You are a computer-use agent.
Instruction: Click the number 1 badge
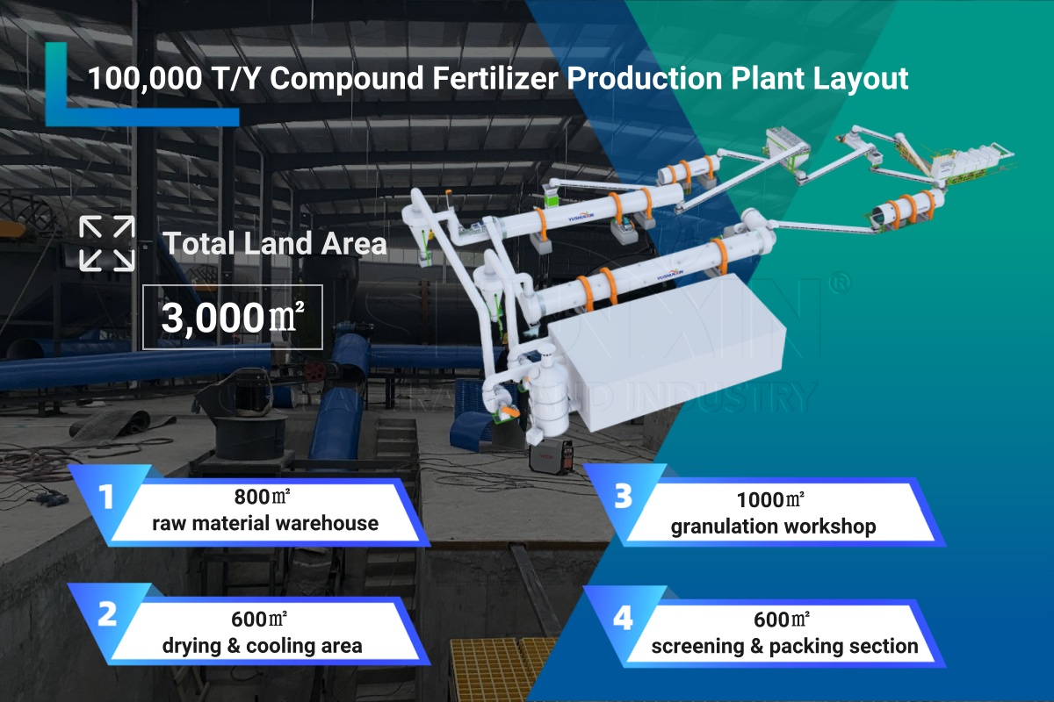coord(106,497)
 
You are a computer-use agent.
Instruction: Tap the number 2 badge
coord(107,614)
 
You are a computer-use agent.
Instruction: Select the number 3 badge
coord(623,496)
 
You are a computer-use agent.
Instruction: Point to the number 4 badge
coord(623,618)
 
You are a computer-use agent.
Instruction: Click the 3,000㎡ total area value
coord(233,318)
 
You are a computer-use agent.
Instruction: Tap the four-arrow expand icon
coord(107,244)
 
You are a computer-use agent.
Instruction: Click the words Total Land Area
coord(275,244)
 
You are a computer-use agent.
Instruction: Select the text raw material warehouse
coord(265,523)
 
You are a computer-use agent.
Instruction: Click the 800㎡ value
coord(262,497)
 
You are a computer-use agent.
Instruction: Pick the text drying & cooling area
coord(262,646)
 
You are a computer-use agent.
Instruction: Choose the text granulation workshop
coord(773,526)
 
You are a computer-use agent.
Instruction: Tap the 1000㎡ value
coord(770,500)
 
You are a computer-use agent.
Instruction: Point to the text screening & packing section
coord(784,647)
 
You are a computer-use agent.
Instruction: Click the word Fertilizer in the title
coord(495,78)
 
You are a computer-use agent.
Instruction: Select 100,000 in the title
coord(146,78)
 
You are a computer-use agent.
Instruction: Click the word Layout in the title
coord(861,79)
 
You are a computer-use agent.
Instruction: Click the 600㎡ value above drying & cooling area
coord(259,620)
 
